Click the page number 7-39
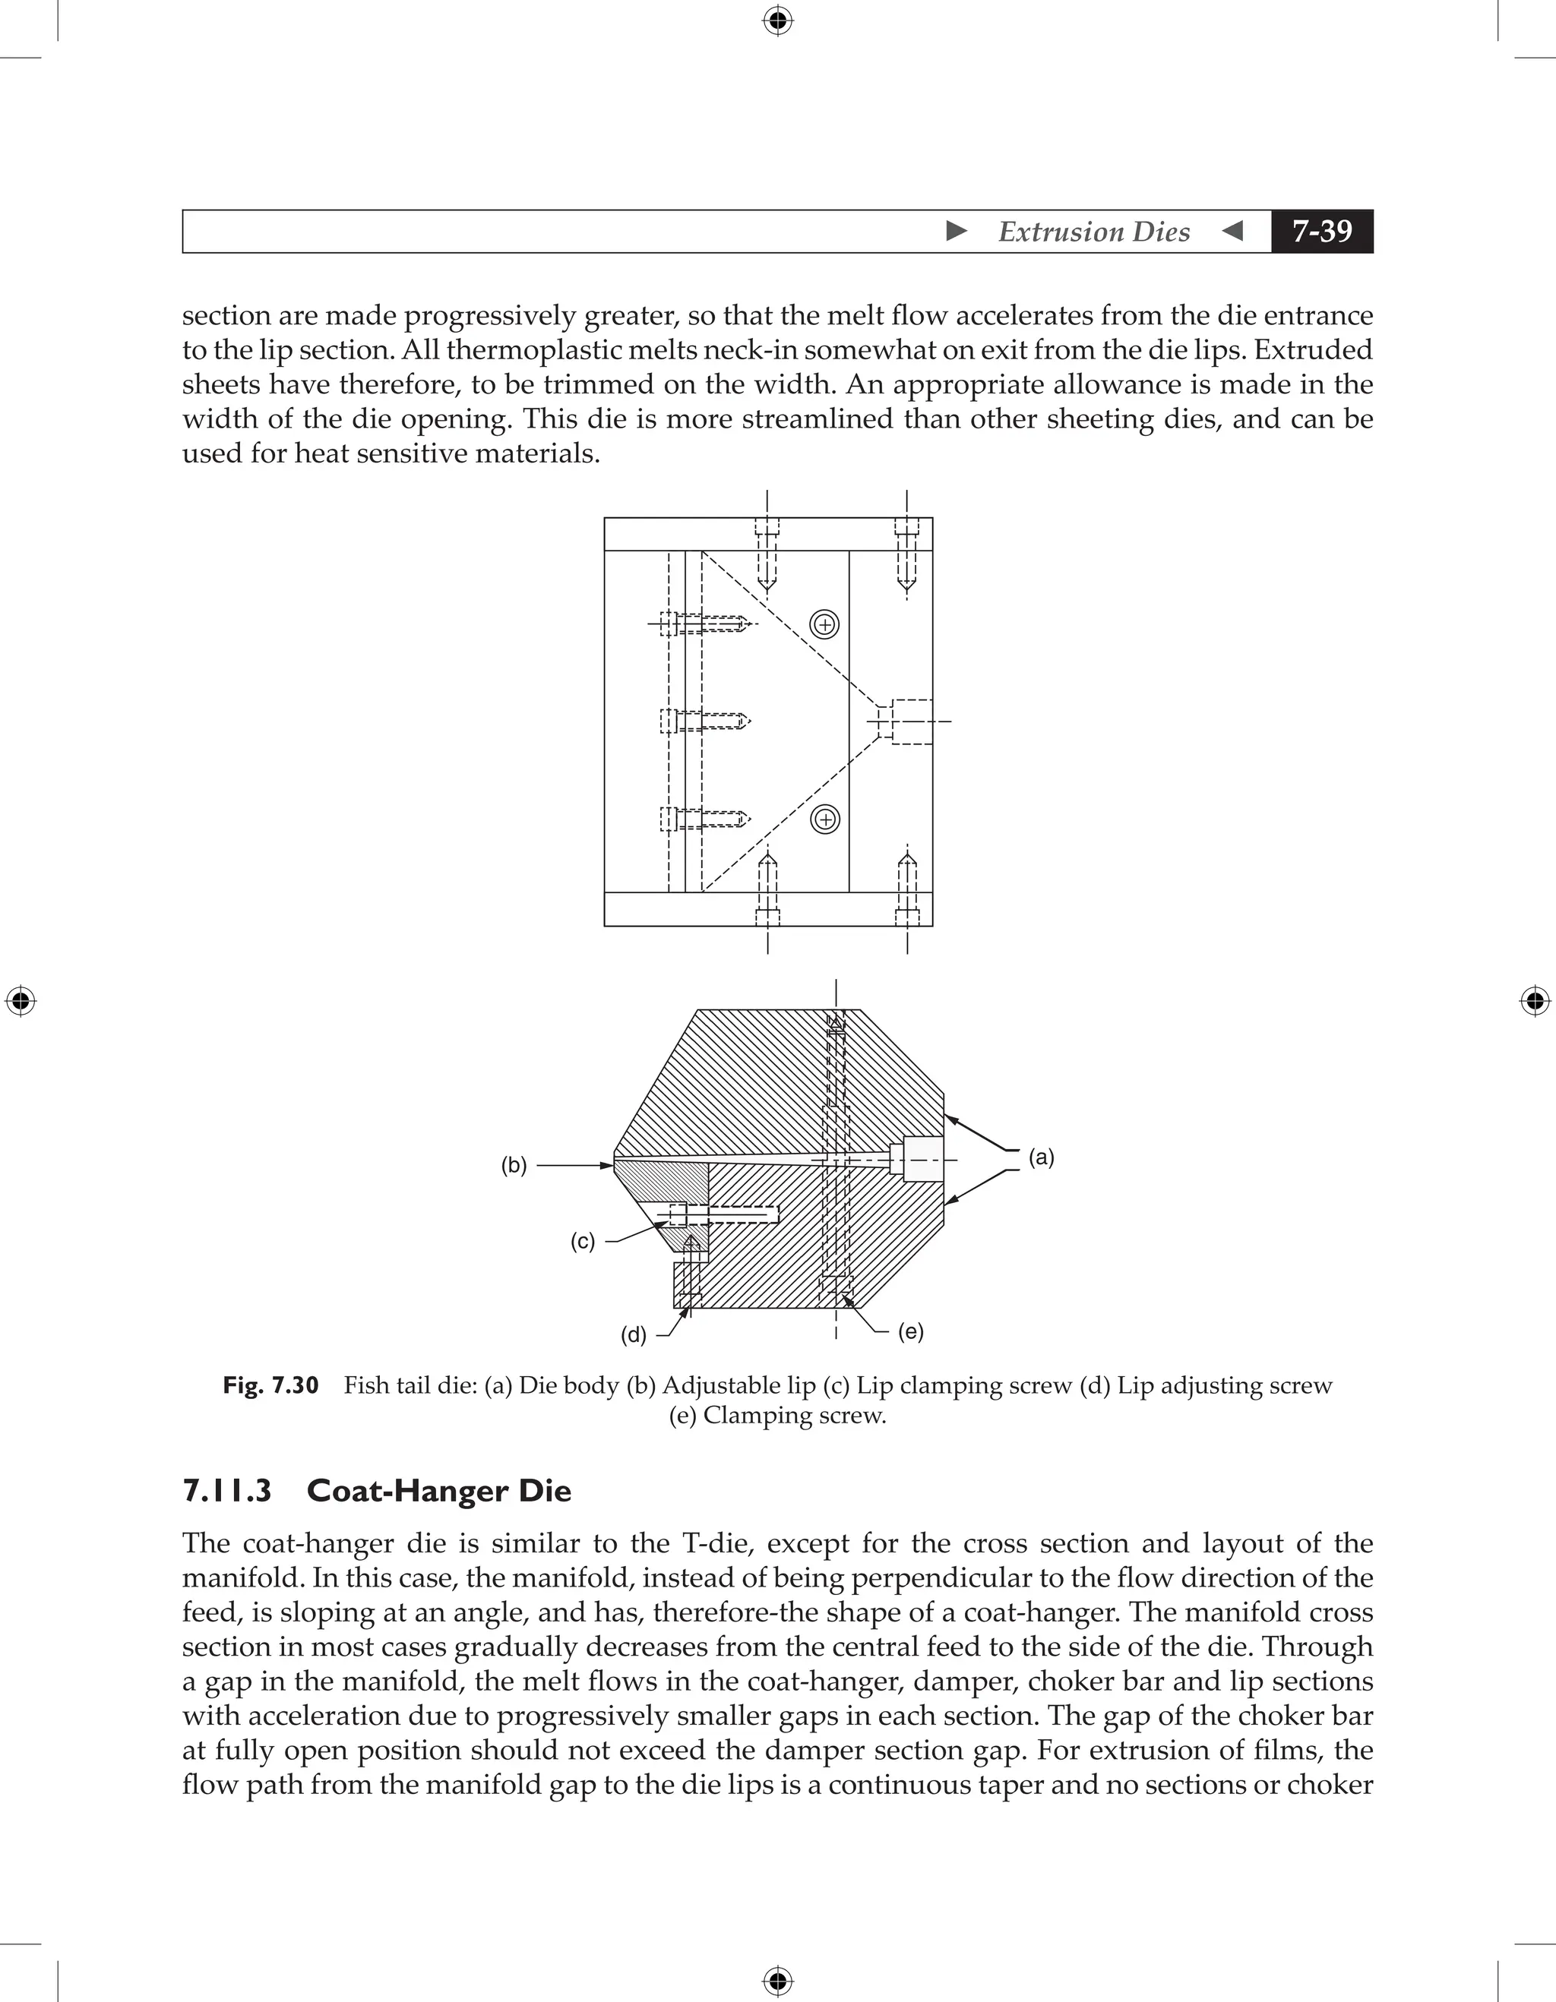(x=1321, y=231)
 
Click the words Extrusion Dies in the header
(x=1093, y=232)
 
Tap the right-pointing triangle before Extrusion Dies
(x=957, y=231)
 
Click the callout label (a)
(x=1041, y=1157)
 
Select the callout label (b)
(x=514, y=1165)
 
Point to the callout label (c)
(x=582, y=1241)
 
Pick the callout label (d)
(x=634, y=1334)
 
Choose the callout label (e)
(x=910, y=1331)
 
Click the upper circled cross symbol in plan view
(x=825, y=625)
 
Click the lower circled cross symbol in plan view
(x=825, y=819)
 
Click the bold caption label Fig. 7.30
(x=270, y=1385)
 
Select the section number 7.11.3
(x=226, y=1491)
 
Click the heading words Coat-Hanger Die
(x=438, y=1491)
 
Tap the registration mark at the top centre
(x=777, y=21)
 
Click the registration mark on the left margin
(x=21, y=1000)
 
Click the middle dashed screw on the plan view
(x=705, y=722)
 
